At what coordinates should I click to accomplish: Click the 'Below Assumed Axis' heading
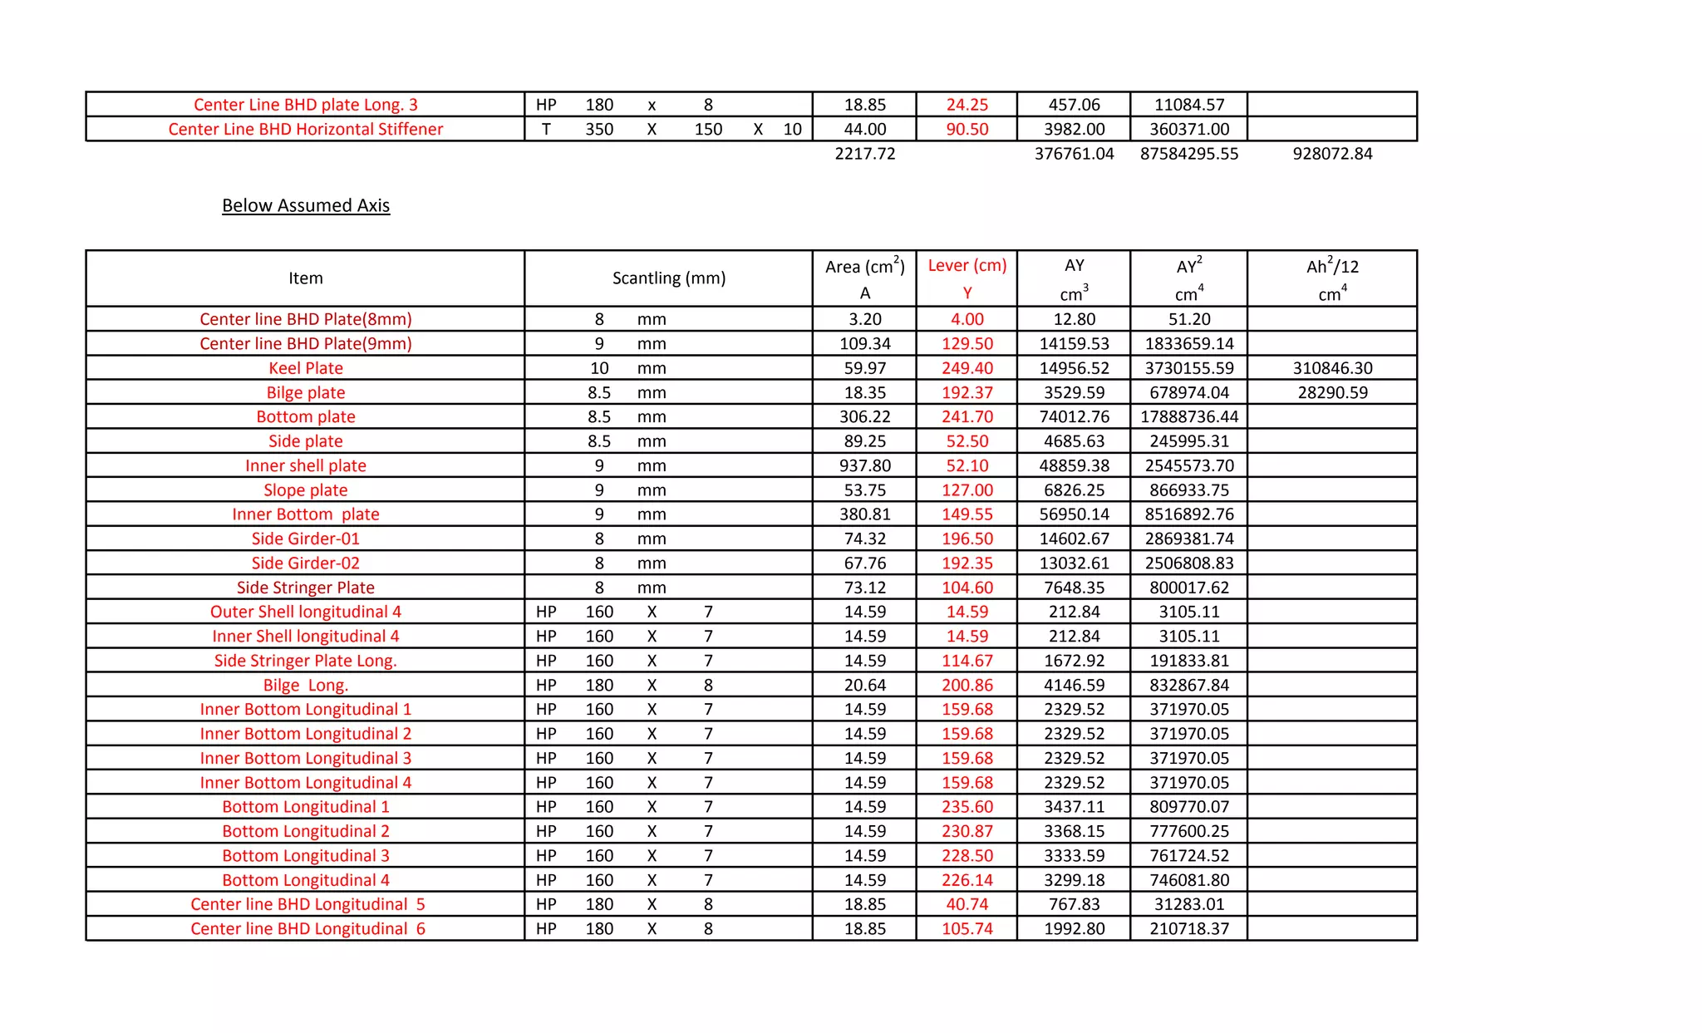click(x=306, y=205)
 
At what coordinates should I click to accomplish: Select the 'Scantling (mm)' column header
click(x=669, y=278)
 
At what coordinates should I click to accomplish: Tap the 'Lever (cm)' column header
click(x=967, y=265)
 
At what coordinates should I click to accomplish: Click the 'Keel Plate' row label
click(x=306, y=368)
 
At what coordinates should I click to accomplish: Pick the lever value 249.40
click(x=967, y=368)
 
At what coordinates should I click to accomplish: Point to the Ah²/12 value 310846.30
click(x=1332, y=368)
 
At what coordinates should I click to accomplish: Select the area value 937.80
click(x=865, y=465)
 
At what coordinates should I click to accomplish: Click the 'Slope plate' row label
click(x=306, y=490)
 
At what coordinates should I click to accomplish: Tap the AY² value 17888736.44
click(x=1189, y=416)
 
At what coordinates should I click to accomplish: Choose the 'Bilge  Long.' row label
click(x=306, y=686)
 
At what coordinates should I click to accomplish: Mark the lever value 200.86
click(x=967, y=686)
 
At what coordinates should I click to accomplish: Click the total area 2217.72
click(x=865, y=154)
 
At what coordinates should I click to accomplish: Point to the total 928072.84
click(x=1332, y=154)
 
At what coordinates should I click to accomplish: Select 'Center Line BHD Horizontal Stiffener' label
click(x=306, y=129)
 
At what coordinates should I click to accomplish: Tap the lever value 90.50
click(x=967, y=129)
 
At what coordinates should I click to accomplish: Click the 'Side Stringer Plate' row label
click(x=306, y=588)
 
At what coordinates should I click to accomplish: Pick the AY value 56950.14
click(x=1074, y=514)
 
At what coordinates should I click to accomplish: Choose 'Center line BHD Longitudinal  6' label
click(x=307, y=929)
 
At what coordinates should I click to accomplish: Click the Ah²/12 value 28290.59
click(x=1332, y=392)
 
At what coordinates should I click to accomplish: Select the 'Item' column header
click(x=306, y=278)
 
